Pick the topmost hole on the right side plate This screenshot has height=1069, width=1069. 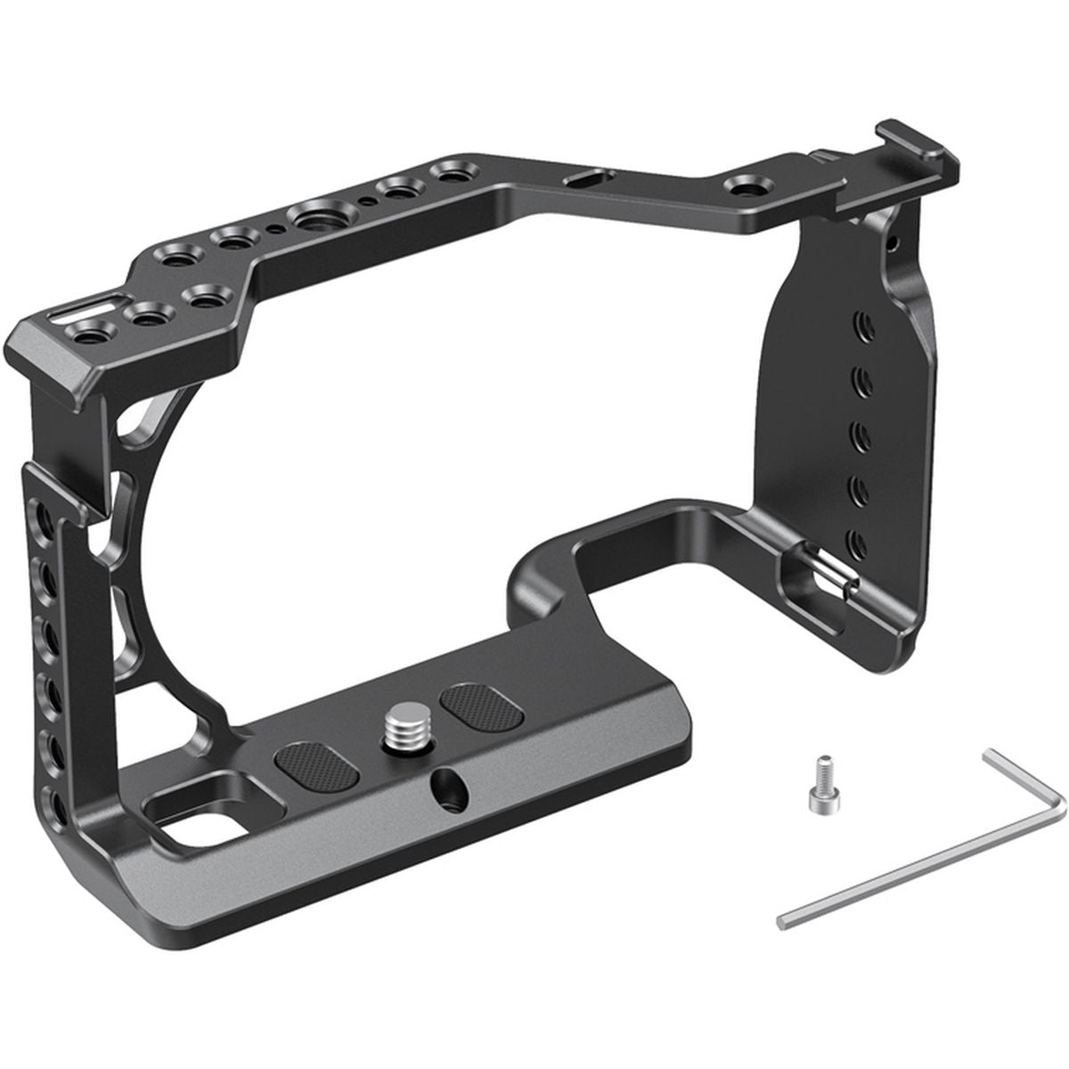pyautogui.click(x=859, y=321)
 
